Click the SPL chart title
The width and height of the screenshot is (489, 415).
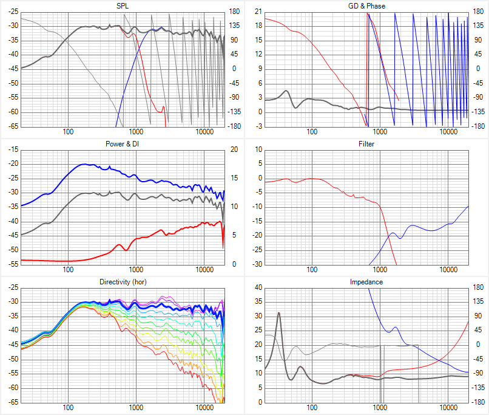pos(123,6)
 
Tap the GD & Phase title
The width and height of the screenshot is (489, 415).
pos(366,6)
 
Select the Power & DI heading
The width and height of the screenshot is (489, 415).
pos(123,144)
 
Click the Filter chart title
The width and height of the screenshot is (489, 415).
pos(366,144)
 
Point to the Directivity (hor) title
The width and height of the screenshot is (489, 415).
pos(123,282)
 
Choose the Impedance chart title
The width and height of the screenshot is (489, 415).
pos(366,282)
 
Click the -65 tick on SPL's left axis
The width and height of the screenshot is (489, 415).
pos(13,126)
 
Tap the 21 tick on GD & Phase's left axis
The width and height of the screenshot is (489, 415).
pos(258,12)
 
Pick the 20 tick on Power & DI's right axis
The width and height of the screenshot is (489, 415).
pos(234,149)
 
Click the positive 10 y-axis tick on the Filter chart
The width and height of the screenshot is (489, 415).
pos(258,149)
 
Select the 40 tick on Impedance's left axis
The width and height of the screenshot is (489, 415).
pos(258,287)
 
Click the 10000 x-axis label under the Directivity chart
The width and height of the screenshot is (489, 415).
pos(204,408)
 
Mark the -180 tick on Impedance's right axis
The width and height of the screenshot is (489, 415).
pos(478,402)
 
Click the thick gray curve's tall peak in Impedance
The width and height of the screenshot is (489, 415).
pos(279,313)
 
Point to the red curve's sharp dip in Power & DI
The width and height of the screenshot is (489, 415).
pos(223,249)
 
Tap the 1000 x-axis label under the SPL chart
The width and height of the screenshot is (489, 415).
pos(136,132)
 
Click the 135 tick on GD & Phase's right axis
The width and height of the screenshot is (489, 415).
pos(478,26)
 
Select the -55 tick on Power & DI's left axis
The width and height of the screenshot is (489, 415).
pos(13,264)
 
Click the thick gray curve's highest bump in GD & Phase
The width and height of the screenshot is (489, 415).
pos(286,91)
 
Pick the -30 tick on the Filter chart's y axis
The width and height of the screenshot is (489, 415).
pos(257,264)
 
